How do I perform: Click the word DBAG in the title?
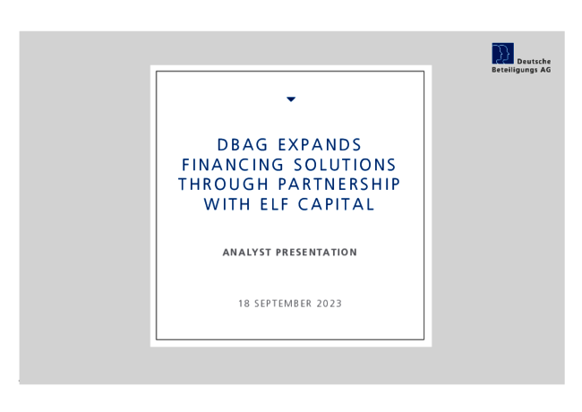(242, 145)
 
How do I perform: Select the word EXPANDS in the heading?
(320, 145)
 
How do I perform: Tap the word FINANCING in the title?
(233, 165)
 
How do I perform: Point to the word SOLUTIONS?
(345, 165)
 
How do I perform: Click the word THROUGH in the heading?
(224, 185)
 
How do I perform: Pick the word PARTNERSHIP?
(339, 185)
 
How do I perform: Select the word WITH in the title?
(227, 204)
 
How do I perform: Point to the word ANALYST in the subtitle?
(247, 253)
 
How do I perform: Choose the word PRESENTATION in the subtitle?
(316, 253)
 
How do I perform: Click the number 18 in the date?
(244, 304)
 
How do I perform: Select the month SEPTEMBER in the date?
(283, 304)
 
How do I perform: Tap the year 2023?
(330, 304)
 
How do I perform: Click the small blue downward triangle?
(291, 99)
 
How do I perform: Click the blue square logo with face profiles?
(503, 54)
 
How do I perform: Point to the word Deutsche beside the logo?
(534, 62)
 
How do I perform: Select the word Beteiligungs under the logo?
(515, 70)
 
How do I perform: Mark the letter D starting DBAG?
(222, 145)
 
